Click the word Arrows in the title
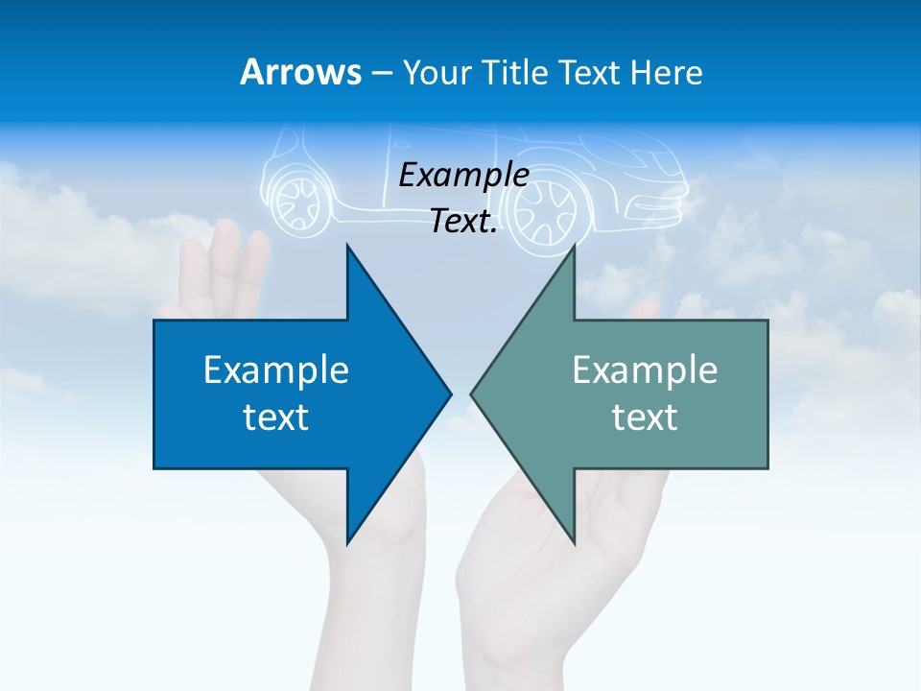300,72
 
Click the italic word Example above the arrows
463,176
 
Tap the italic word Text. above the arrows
463,222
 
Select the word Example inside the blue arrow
276,369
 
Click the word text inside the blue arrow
276,417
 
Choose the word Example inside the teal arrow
645,369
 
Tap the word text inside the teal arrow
645,417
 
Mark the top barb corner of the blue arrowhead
347,246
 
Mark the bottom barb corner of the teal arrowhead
574,542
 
